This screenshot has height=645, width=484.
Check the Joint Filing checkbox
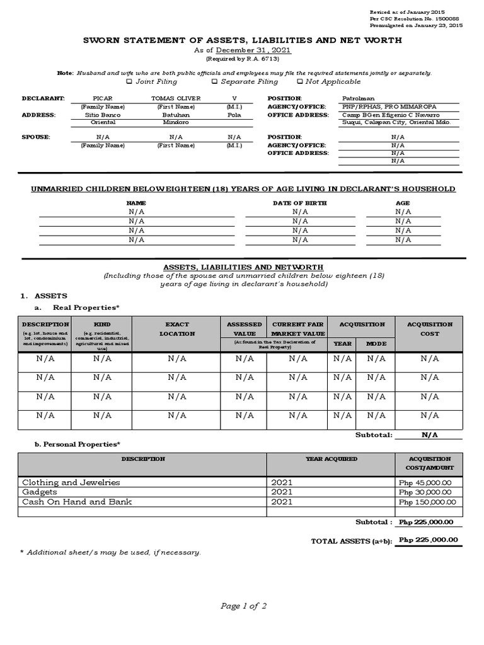129,81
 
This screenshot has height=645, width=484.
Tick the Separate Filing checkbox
214,81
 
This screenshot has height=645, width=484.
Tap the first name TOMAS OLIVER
176,98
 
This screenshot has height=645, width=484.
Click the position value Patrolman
358,98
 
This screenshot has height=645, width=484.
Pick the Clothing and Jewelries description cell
71,482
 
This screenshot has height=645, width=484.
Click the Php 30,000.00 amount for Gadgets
425,492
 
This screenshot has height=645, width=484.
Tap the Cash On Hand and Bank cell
77,502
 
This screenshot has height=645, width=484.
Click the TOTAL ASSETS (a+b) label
352,541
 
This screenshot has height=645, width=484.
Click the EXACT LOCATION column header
177,329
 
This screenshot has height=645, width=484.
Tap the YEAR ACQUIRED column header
331,459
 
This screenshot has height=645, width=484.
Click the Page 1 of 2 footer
243,606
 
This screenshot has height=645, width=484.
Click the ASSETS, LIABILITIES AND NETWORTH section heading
243,267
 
